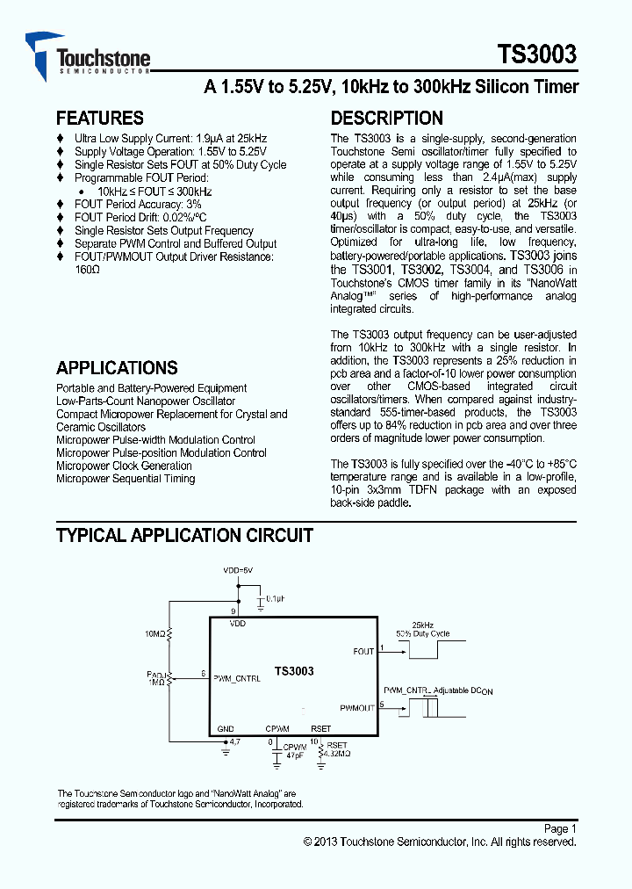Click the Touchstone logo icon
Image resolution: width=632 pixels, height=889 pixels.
(x=40, y=53)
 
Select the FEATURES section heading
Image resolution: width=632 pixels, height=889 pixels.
(x=99, y=118)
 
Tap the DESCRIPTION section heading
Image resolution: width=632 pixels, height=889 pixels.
(x=386, y=118)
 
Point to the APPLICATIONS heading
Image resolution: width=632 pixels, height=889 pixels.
(x=117, y=368)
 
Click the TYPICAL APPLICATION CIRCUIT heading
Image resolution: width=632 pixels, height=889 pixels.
(x=184, y=535)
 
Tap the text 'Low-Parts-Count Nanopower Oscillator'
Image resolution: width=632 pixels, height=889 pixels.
(x=146, y=401)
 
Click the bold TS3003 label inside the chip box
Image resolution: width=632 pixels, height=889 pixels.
(x=294, y=671)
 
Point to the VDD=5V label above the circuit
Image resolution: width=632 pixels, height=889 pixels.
(x=238, y=570)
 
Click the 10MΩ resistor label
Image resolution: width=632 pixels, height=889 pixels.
(x=154, y=633)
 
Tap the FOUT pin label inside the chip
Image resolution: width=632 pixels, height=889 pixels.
(x=363, y=651)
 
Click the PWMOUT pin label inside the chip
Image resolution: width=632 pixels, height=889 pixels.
(x=357, y=706)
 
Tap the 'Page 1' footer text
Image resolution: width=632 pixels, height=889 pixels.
(x=560, y=828)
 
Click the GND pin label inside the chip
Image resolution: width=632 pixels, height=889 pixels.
(x=226, y=728)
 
